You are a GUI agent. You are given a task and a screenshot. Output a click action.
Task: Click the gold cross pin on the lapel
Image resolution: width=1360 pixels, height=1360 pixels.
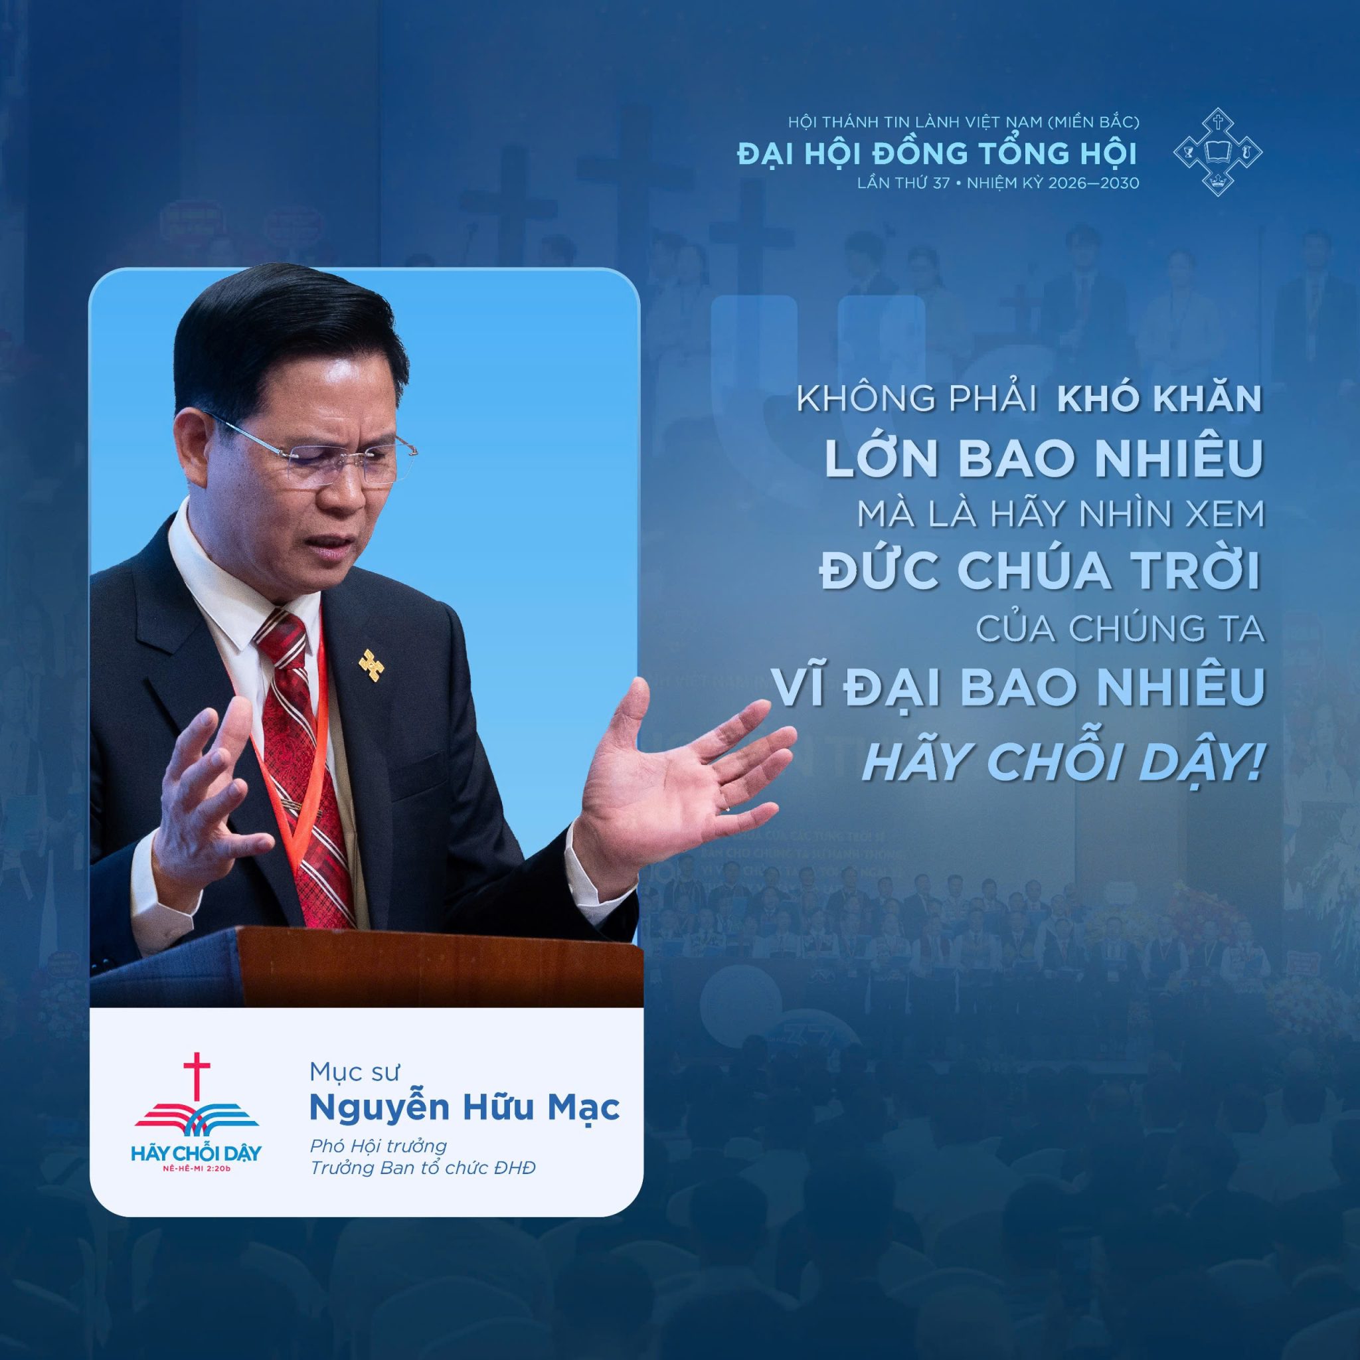(371, 664)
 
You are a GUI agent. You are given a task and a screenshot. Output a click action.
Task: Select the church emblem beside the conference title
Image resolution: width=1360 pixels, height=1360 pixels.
(1218, 152)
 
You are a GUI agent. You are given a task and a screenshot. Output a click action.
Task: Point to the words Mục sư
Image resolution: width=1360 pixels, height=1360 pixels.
(355, 1072)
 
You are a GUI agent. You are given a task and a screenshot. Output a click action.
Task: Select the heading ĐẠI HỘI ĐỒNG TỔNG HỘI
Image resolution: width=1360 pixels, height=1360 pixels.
(937, 153)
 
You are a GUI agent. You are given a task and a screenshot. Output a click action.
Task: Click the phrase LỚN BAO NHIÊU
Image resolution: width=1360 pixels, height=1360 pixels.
(1042, 457)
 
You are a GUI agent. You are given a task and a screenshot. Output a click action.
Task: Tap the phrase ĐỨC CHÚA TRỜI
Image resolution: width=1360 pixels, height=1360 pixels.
(1040, 570)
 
